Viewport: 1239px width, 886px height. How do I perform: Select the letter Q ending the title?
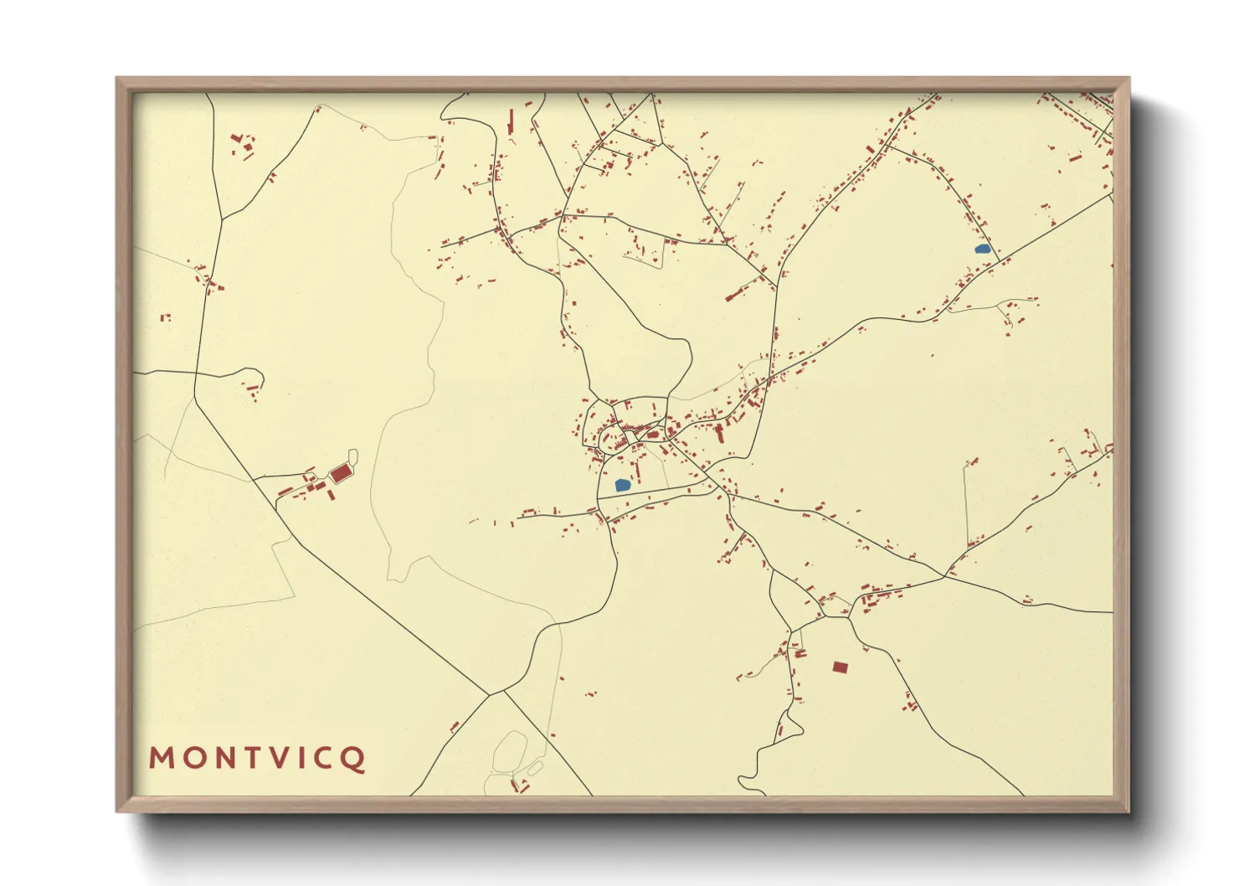click(x=353, y=759)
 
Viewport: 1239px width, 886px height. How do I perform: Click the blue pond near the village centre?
click(x=622, y=485)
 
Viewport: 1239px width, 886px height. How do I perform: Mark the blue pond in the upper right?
click(x=983, y=249)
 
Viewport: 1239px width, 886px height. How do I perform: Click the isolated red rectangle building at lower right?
click(x=841, y=667)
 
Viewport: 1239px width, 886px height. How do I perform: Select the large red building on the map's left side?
click(x=340, y=474)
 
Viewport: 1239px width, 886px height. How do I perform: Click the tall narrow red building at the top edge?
click(x=510, y=122)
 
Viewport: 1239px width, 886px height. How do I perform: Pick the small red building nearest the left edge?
click(x=166, y=317)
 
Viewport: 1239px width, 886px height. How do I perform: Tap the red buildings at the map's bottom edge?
click(x=519, y=786)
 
